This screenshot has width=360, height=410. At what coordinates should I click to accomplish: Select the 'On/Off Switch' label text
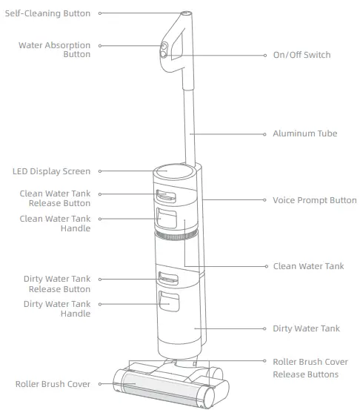pyautogui.click(x=301, y=56)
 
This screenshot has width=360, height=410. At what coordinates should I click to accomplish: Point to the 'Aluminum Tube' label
pyautogui.click(x=305, y=134)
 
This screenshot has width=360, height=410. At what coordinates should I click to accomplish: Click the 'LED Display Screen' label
pyautogui.click(x=51, y=171)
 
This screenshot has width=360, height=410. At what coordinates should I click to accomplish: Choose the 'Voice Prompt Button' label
pyautogui.click(x=315, y=200)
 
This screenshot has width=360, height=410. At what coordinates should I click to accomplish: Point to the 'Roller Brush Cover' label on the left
pyautogui.click(x=53, y=384)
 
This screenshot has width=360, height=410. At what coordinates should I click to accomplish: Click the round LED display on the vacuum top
pyautogui.click(x=169, y=170)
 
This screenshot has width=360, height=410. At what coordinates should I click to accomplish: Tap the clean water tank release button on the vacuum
pyautogui.click(x=166, y=196)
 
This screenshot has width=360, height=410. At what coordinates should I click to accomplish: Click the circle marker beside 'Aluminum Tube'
pyautogui.click(x=265, y=134)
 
